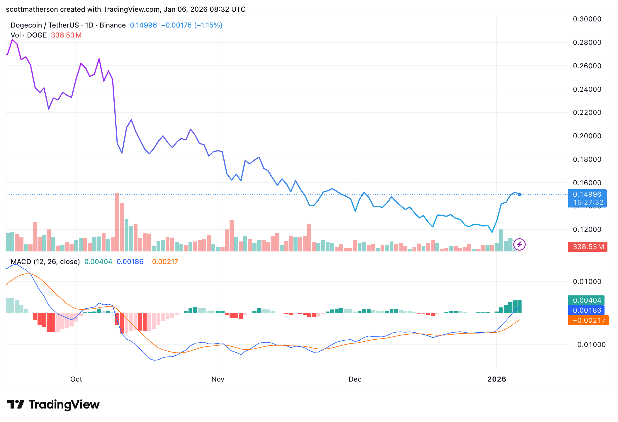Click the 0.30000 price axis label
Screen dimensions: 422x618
[587, 19]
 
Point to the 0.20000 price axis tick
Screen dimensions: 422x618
[587, 136]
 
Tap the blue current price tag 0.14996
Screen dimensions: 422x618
[587, 194]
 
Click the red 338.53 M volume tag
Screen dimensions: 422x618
[588, 247]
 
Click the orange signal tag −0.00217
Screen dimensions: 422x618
[589, 320]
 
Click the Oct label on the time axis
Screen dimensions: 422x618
[76, 379]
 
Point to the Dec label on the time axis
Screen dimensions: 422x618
[355, 379]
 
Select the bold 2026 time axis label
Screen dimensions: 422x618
[497, 379]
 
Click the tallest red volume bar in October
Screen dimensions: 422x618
[117, 223]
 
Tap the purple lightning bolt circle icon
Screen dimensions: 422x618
[519, 244]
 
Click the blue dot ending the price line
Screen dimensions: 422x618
[519, 194]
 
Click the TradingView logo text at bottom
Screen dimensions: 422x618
[64, 404]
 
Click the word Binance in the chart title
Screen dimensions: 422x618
[113, 25]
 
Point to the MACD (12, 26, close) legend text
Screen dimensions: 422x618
[45, 262]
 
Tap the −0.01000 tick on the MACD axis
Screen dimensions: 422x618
[589, 345]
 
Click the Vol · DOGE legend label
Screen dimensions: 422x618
[29, 35]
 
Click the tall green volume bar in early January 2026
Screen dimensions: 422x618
[501, 240]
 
